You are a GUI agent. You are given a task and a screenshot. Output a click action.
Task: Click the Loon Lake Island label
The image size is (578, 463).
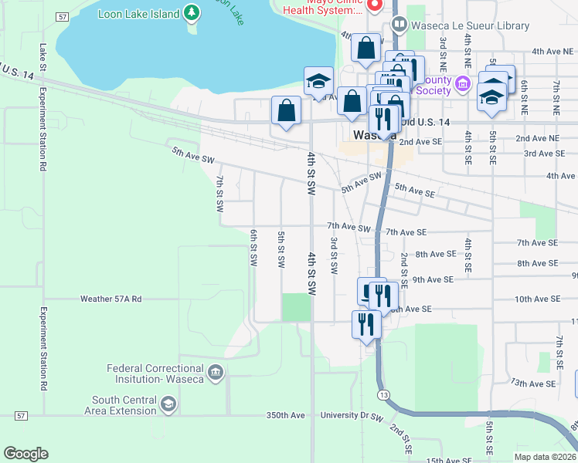pos(139,13)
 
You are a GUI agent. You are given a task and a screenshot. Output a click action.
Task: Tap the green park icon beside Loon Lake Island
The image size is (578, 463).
pos(192,13)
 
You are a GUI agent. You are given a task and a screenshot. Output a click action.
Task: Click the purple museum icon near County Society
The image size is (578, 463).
pos(463,83)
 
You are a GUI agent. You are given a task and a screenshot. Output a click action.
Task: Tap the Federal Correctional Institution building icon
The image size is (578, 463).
pos(216,373)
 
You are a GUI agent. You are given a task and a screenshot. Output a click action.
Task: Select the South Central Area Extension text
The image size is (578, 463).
pos(124,405)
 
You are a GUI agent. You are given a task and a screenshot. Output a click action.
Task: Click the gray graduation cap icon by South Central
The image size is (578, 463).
pos(168,404)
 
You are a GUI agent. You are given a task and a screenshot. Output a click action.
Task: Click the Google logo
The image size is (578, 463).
pos(25,454)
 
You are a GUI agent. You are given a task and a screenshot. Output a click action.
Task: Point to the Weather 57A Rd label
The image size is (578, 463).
pos(111,299)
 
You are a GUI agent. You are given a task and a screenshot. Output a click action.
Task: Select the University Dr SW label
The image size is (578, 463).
pos(352,417)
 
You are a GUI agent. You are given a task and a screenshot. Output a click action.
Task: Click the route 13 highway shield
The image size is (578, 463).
pos(384,394)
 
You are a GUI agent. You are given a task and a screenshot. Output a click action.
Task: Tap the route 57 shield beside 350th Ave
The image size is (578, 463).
pos(21,415)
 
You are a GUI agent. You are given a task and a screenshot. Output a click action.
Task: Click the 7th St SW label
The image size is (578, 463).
pos(219,194)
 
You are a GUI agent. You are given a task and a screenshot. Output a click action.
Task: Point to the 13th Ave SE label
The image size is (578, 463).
pos(532,384)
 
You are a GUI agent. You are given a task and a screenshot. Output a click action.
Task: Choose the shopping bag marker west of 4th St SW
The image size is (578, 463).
pos(286,111)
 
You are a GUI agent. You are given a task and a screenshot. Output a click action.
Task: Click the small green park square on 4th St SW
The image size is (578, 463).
pos(296,306)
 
